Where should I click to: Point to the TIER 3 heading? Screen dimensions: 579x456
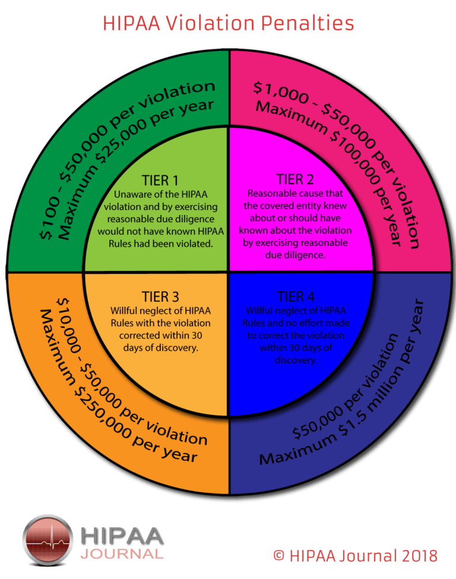point(160,297)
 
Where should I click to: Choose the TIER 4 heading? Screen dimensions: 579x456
point(296,297)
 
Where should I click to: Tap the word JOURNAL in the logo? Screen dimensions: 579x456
point(122,554)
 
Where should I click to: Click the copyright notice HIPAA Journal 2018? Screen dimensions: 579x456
point(355,556)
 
